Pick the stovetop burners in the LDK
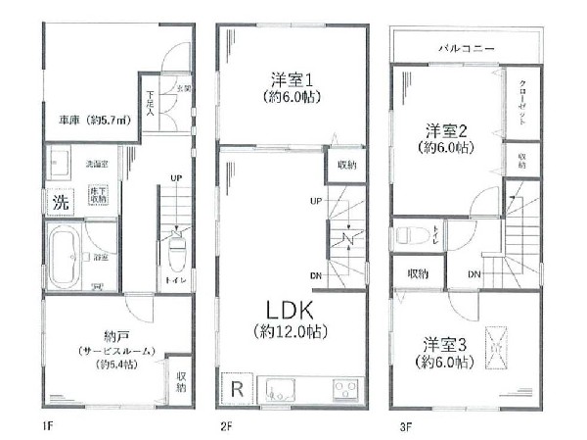(347, 389)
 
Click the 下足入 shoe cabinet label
(152, 102)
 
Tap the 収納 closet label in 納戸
(181, 381)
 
